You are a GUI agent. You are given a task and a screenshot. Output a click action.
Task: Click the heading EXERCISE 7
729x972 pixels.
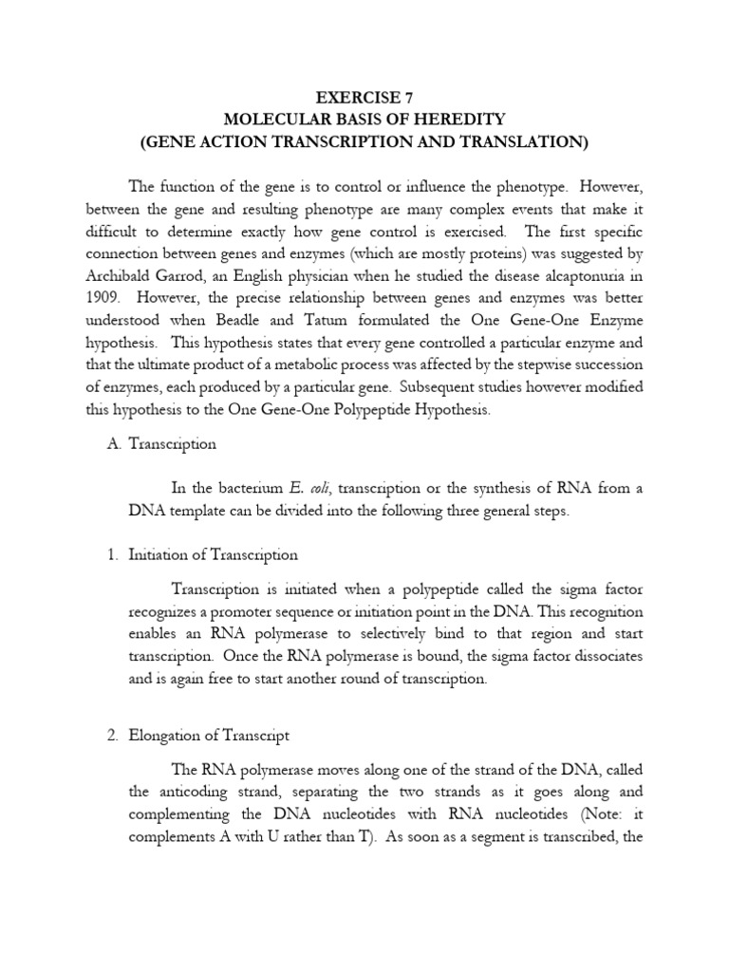pos(364,97)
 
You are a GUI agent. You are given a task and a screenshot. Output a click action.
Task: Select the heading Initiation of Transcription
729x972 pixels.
pos(213,555)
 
